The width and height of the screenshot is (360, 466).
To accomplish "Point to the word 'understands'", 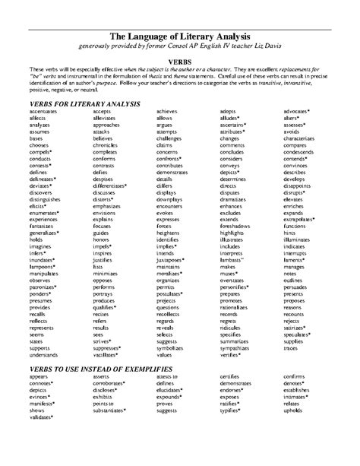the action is point(45,353).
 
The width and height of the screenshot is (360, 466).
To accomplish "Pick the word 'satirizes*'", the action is point(298,327).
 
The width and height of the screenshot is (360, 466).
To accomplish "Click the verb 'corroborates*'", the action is point(111,383).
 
